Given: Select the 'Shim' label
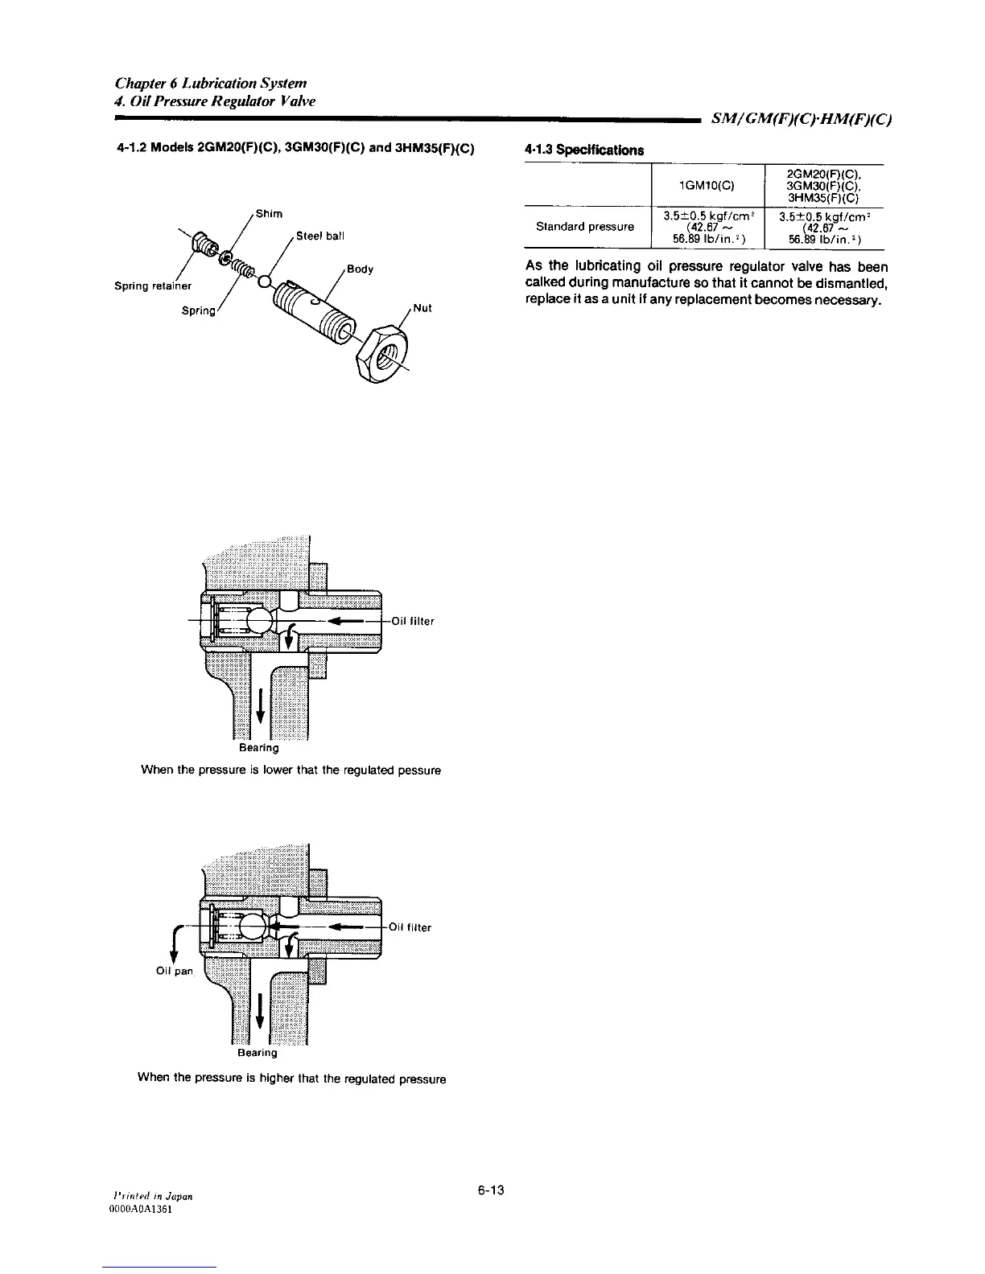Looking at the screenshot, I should (x=269, y=213).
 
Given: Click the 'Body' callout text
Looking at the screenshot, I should (x=361, y=269).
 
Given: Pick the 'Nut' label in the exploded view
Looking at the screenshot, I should (x=423, y=308).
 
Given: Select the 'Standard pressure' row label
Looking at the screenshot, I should (x=584, y=227).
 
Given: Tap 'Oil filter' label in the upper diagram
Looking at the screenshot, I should (x=413, y=621).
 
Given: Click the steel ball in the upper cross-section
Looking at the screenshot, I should (x=262, y=621).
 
